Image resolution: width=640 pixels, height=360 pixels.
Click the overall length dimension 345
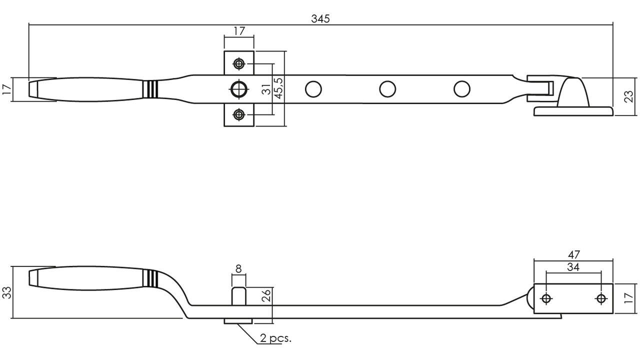click(320, 19)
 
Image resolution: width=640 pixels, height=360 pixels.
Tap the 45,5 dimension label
click(279, 88)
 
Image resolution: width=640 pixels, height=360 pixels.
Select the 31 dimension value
click(266, 89)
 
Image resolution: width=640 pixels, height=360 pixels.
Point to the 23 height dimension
click(629, 96)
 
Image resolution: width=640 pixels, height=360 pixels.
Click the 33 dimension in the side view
click(7, 292)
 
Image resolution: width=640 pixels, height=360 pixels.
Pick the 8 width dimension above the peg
click(238, 269)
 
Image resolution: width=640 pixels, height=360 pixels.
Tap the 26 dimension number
click(266, 295)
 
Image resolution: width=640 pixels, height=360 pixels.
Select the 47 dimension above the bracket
click(573, 254)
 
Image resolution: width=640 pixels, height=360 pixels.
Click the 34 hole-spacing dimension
click(573, 267)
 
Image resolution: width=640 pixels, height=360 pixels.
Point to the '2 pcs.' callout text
click(275, 338)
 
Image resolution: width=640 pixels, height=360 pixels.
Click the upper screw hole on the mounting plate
click(239, 63)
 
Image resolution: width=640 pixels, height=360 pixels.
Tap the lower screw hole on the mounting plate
click(239, 114)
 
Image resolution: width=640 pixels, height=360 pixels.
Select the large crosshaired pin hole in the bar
click(239, 89)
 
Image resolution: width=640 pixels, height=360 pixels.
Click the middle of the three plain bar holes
click(387, 89)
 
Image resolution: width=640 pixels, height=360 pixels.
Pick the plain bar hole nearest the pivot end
click(461, 89)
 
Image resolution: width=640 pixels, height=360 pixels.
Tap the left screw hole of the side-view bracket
click(546, 298)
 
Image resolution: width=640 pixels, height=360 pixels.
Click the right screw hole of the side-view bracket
click(601, 298)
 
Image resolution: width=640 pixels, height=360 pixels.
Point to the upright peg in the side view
click(238, 296)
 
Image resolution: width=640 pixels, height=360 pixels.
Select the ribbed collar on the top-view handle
click(150, 89)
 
